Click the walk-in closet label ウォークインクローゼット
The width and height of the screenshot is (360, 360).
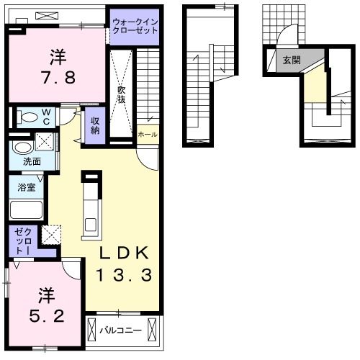point(135,27)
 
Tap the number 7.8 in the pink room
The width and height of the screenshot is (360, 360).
point(59,77)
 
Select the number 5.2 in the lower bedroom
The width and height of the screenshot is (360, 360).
point(47,316)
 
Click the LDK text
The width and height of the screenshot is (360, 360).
point(124,253)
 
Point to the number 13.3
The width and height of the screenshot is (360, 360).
point(124,275)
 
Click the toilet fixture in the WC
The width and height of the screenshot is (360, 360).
point(28,117)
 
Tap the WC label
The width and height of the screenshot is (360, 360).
point(46,117)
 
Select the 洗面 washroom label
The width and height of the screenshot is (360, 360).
point(32,161)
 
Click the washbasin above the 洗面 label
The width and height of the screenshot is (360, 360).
point(23,148)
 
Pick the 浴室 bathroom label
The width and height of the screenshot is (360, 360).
point(27,187)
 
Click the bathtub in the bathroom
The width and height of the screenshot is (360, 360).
point(27,210)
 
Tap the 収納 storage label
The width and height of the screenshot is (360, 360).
point(95,125)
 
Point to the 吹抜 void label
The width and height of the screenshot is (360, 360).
point(122,94)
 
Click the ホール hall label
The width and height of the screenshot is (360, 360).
point(148,135)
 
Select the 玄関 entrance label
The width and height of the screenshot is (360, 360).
point(292,60)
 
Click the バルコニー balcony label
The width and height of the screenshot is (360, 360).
point(120,330)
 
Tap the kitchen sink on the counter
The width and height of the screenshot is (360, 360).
point(91,225)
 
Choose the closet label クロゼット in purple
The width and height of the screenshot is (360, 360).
point(23,241)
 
